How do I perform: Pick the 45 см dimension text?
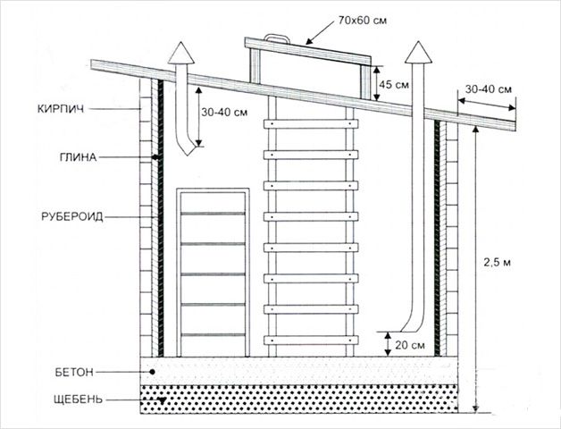[396, 84]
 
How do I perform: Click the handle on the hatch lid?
[276, 38]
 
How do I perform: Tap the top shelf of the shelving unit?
[213, 214]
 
